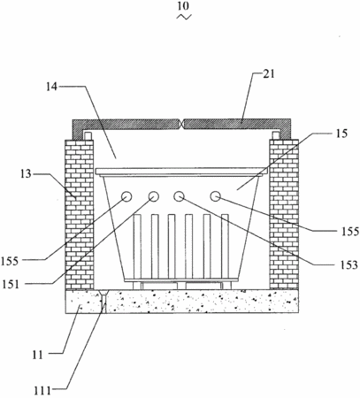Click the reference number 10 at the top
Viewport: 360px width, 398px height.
click(x=184, y=6)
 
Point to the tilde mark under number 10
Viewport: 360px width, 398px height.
click(x=184, y=17)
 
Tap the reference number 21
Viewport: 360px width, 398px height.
click(x=269, y=74)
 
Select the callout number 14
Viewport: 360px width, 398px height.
click(x=51, y=87)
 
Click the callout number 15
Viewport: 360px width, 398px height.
click(x=341, y=134)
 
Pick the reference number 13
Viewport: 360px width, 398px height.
click(x=26, y=174)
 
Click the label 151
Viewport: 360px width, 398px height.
click(x=11, y=285)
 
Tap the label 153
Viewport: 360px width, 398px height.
click(x=349, y=265)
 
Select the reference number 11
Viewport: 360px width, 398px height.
click(x=38, y=356)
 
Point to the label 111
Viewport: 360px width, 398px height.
click(x=42, y=391)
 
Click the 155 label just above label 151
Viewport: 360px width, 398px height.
click(x=10, y=261)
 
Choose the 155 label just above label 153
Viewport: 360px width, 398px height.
click(x=350, y=232)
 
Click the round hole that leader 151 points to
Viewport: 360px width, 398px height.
click(x=154, y=196)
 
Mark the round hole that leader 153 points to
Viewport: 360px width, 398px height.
click(x=179, y=196)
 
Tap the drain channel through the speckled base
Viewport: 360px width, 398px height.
click(x=104, y=301)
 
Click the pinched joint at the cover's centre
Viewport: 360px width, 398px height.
click(x=182, y=124)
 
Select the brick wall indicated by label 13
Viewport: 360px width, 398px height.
click(x=80, y=214)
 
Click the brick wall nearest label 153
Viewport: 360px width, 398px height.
click(x=284, y=214)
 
